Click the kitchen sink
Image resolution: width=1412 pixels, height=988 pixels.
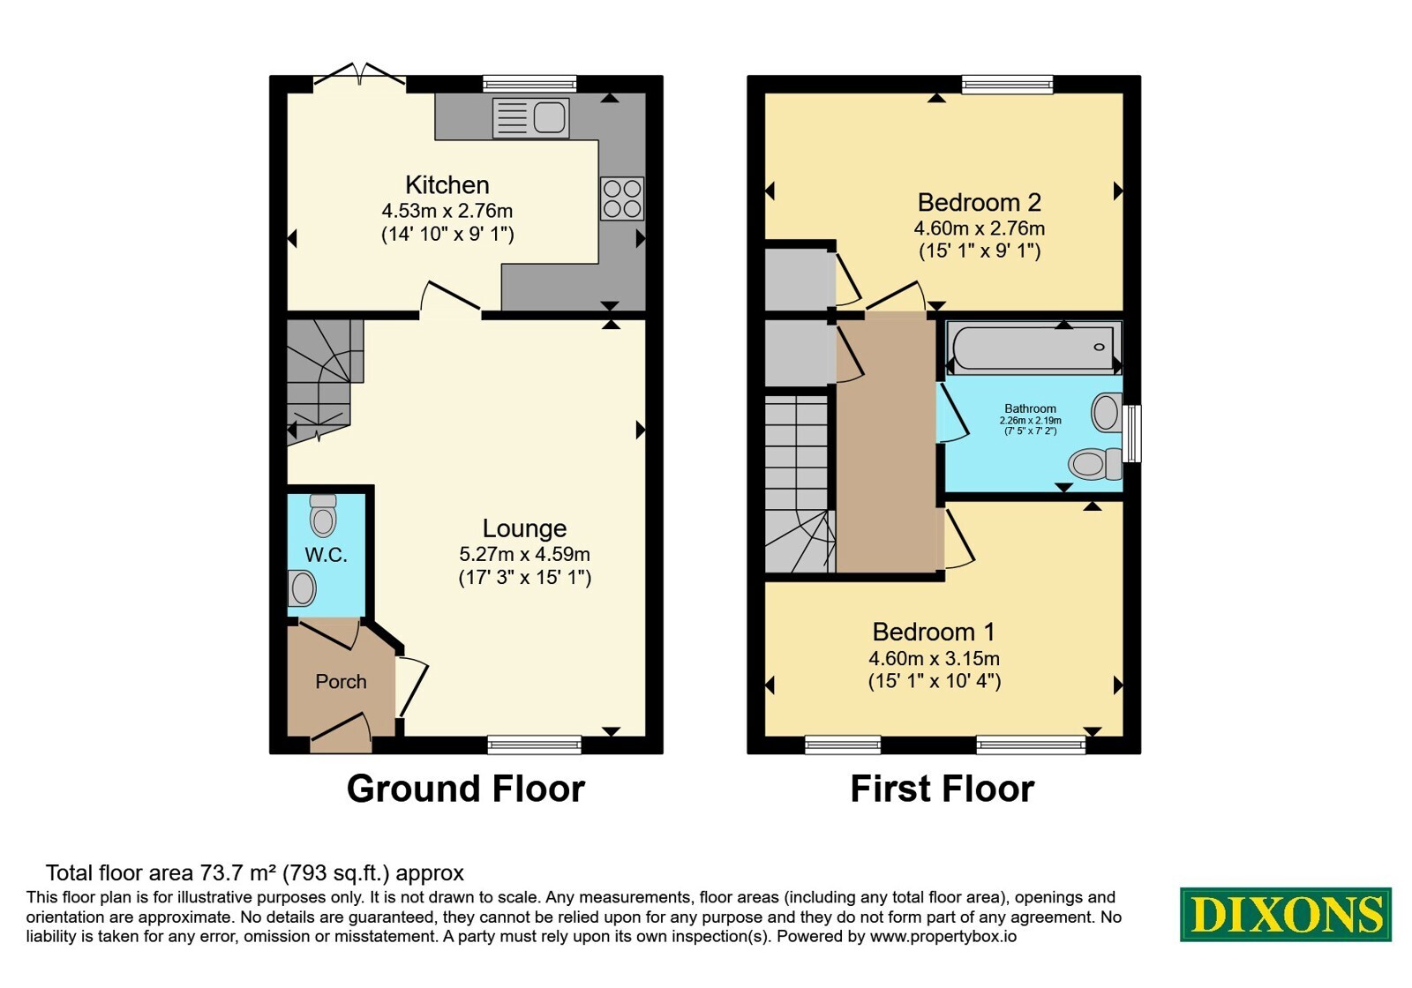pos(530,118)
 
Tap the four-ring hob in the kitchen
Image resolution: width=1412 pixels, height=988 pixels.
pos(622,198)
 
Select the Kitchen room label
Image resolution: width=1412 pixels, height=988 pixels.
pos(447,185)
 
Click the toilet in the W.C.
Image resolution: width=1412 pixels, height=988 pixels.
pos(323,515)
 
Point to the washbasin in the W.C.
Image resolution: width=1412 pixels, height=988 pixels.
pos(301,588)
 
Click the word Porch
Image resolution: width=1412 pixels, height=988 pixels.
pos(341,681)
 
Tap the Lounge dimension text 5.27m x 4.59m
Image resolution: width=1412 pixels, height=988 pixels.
pos(524,555)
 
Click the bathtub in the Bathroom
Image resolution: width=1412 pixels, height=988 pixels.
pos(1033,347)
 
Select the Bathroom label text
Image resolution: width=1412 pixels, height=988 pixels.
pos(1030,408)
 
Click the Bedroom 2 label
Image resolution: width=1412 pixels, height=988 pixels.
pos(979,202)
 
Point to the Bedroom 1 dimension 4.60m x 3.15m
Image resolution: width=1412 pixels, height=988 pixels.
pos(935,658)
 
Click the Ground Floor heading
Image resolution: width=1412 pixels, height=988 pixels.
pos(466,789)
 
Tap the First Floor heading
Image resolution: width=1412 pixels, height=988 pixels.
pos(943,789)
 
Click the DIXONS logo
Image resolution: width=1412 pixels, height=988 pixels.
pos(1285,914)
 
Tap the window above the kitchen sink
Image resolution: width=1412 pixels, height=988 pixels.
pos(529,84)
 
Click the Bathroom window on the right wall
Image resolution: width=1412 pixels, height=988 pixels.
pos(1133,433)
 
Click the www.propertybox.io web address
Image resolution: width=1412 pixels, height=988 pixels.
pos(943,936)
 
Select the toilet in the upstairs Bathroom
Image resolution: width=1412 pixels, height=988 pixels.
pos(1095,464)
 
